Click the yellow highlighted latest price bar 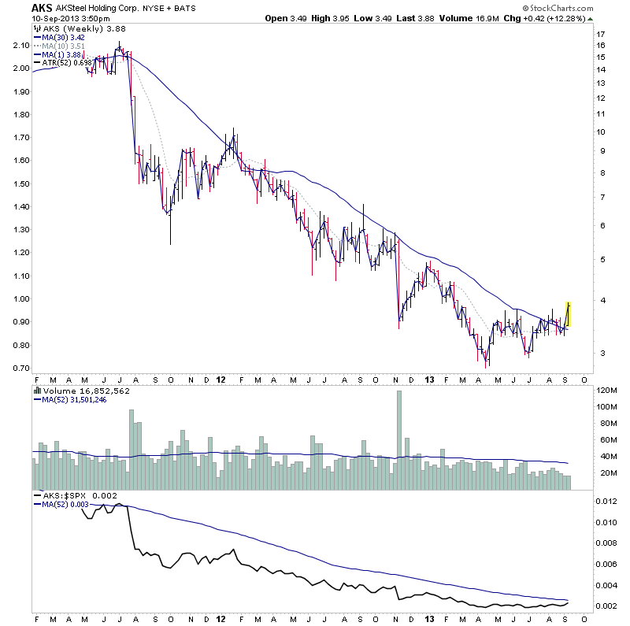coord(568,315)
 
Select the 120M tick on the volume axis coord(605,391)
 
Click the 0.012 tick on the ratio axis coord(606,502)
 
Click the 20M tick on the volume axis coord(605,472)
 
